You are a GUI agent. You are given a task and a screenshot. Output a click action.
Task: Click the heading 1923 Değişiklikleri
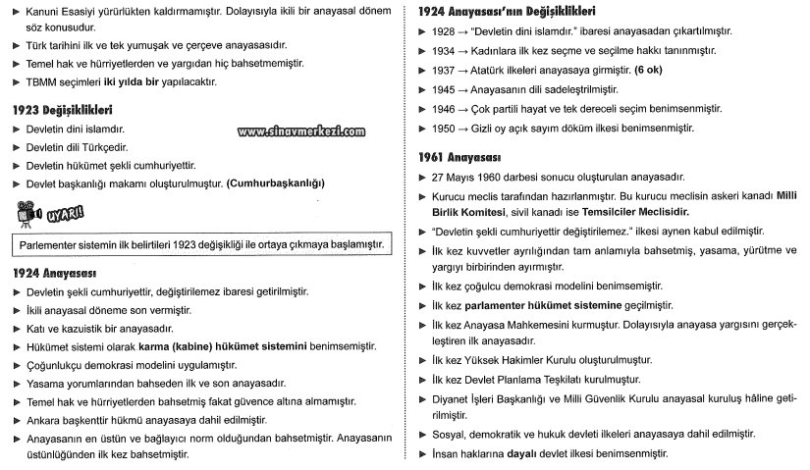[61, 110]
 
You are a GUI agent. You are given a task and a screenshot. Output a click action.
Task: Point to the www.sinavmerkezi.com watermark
[301, 131]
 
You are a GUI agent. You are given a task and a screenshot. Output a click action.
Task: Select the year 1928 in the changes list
[444, 31]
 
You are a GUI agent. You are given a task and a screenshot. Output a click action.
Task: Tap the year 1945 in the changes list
[444, 89]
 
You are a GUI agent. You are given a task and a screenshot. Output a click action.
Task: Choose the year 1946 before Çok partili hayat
[444, 109]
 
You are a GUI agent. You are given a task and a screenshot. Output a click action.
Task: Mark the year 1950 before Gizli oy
[444, 129]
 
